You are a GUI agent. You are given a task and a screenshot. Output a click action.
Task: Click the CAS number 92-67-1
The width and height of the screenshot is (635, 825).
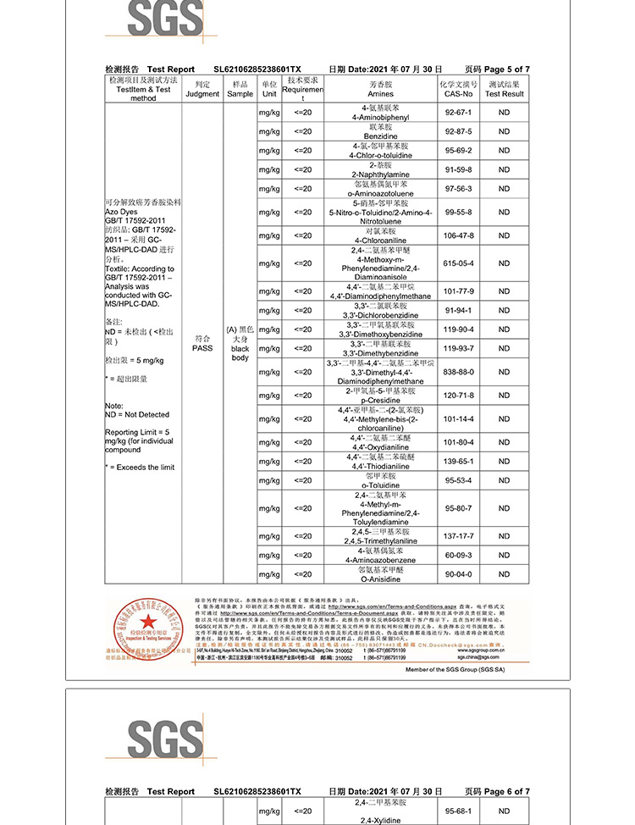tap(457, 113)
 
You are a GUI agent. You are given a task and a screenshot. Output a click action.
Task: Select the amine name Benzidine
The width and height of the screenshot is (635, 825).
tap(380, 136)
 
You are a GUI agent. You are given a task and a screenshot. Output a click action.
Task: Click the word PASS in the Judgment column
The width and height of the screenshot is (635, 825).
tap(202, 348)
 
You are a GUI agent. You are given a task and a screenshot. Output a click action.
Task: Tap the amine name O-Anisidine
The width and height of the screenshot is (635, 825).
tap(380, 579)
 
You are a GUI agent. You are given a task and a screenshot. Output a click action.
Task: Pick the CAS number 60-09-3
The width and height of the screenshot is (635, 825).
tap(457, 555)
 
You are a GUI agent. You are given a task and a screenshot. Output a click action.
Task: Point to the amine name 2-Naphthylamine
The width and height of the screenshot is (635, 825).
tap(380, 174)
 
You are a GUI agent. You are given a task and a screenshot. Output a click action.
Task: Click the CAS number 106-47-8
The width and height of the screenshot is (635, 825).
tap(457, 235)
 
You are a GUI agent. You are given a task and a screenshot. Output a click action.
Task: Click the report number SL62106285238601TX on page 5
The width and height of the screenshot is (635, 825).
tap(257, 69)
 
